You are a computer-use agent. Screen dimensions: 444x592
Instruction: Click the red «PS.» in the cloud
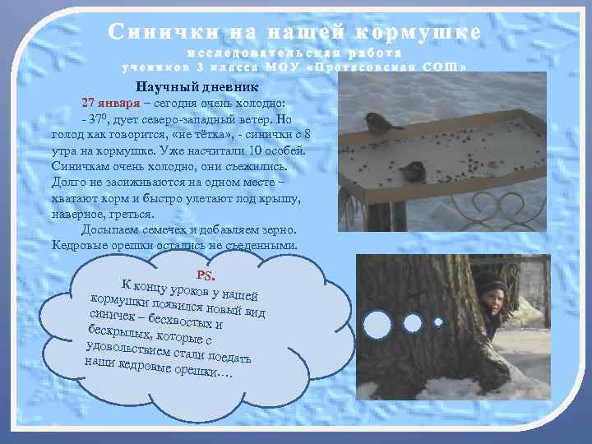coord(206,274)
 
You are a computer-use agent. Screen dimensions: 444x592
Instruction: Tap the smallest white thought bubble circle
coord(437,321)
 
